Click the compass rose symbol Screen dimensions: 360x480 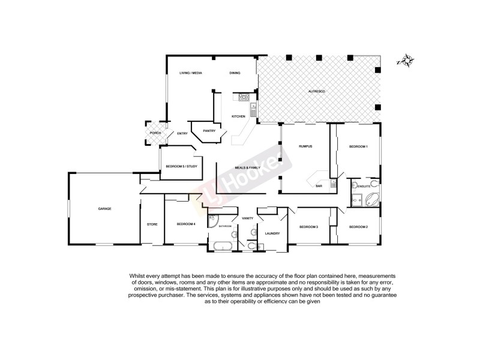click(407, 60)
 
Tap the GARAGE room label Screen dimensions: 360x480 click(105, 209)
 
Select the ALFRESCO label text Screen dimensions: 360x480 click(316, 90)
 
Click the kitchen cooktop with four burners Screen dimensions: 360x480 click(245, 97)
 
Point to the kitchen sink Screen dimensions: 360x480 click(254, 110)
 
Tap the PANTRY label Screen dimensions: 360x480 click(209, 131)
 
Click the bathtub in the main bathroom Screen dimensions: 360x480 click(220, 246)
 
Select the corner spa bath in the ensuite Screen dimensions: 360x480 click(371, 200)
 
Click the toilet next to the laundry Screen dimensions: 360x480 click(250, 245)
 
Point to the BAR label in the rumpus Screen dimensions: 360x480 click(319, 187)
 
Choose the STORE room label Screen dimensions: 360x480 click(152, 224)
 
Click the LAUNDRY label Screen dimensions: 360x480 click(272, 234)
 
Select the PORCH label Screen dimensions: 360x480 click(155, 133)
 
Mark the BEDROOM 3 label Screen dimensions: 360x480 click(308, 227)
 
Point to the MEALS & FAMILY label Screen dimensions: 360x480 click(247, 169)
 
